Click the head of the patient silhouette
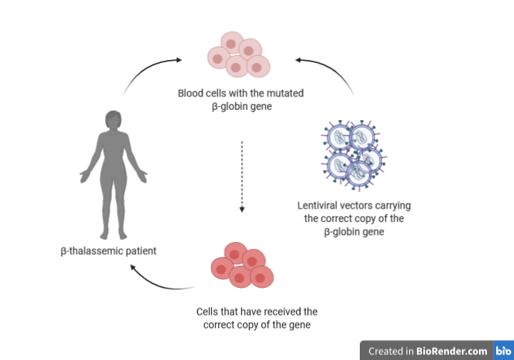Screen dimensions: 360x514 click(114, 121)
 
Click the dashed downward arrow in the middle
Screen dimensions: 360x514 click(243, 175)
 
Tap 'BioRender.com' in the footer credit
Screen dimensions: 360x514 click(453, 351)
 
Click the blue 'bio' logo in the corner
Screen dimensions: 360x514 click(503, 351)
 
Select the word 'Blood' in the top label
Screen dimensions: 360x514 click(191, 93)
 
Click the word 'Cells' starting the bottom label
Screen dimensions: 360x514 click(208, 312)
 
